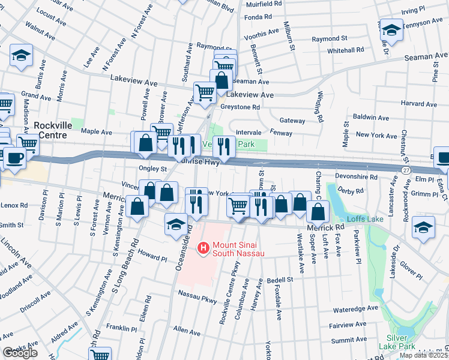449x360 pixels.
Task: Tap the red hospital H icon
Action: point(203,247)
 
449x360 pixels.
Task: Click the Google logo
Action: point(20,353)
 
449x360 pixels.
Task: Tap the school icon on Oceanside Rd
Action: point(175,224)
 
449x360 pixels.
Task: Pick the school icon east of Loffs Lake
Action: point(423,227)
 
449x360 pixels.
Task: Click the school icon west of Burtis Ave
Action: point(21,56)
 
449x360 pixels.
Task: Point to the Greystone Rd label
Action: point(240,107)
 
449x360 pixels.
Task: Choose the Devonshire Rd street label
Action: point(357,178)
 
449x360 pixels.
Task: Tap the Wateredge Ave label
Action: point(357,310)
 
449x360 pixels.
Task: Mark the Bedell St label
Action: point(280,280)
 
